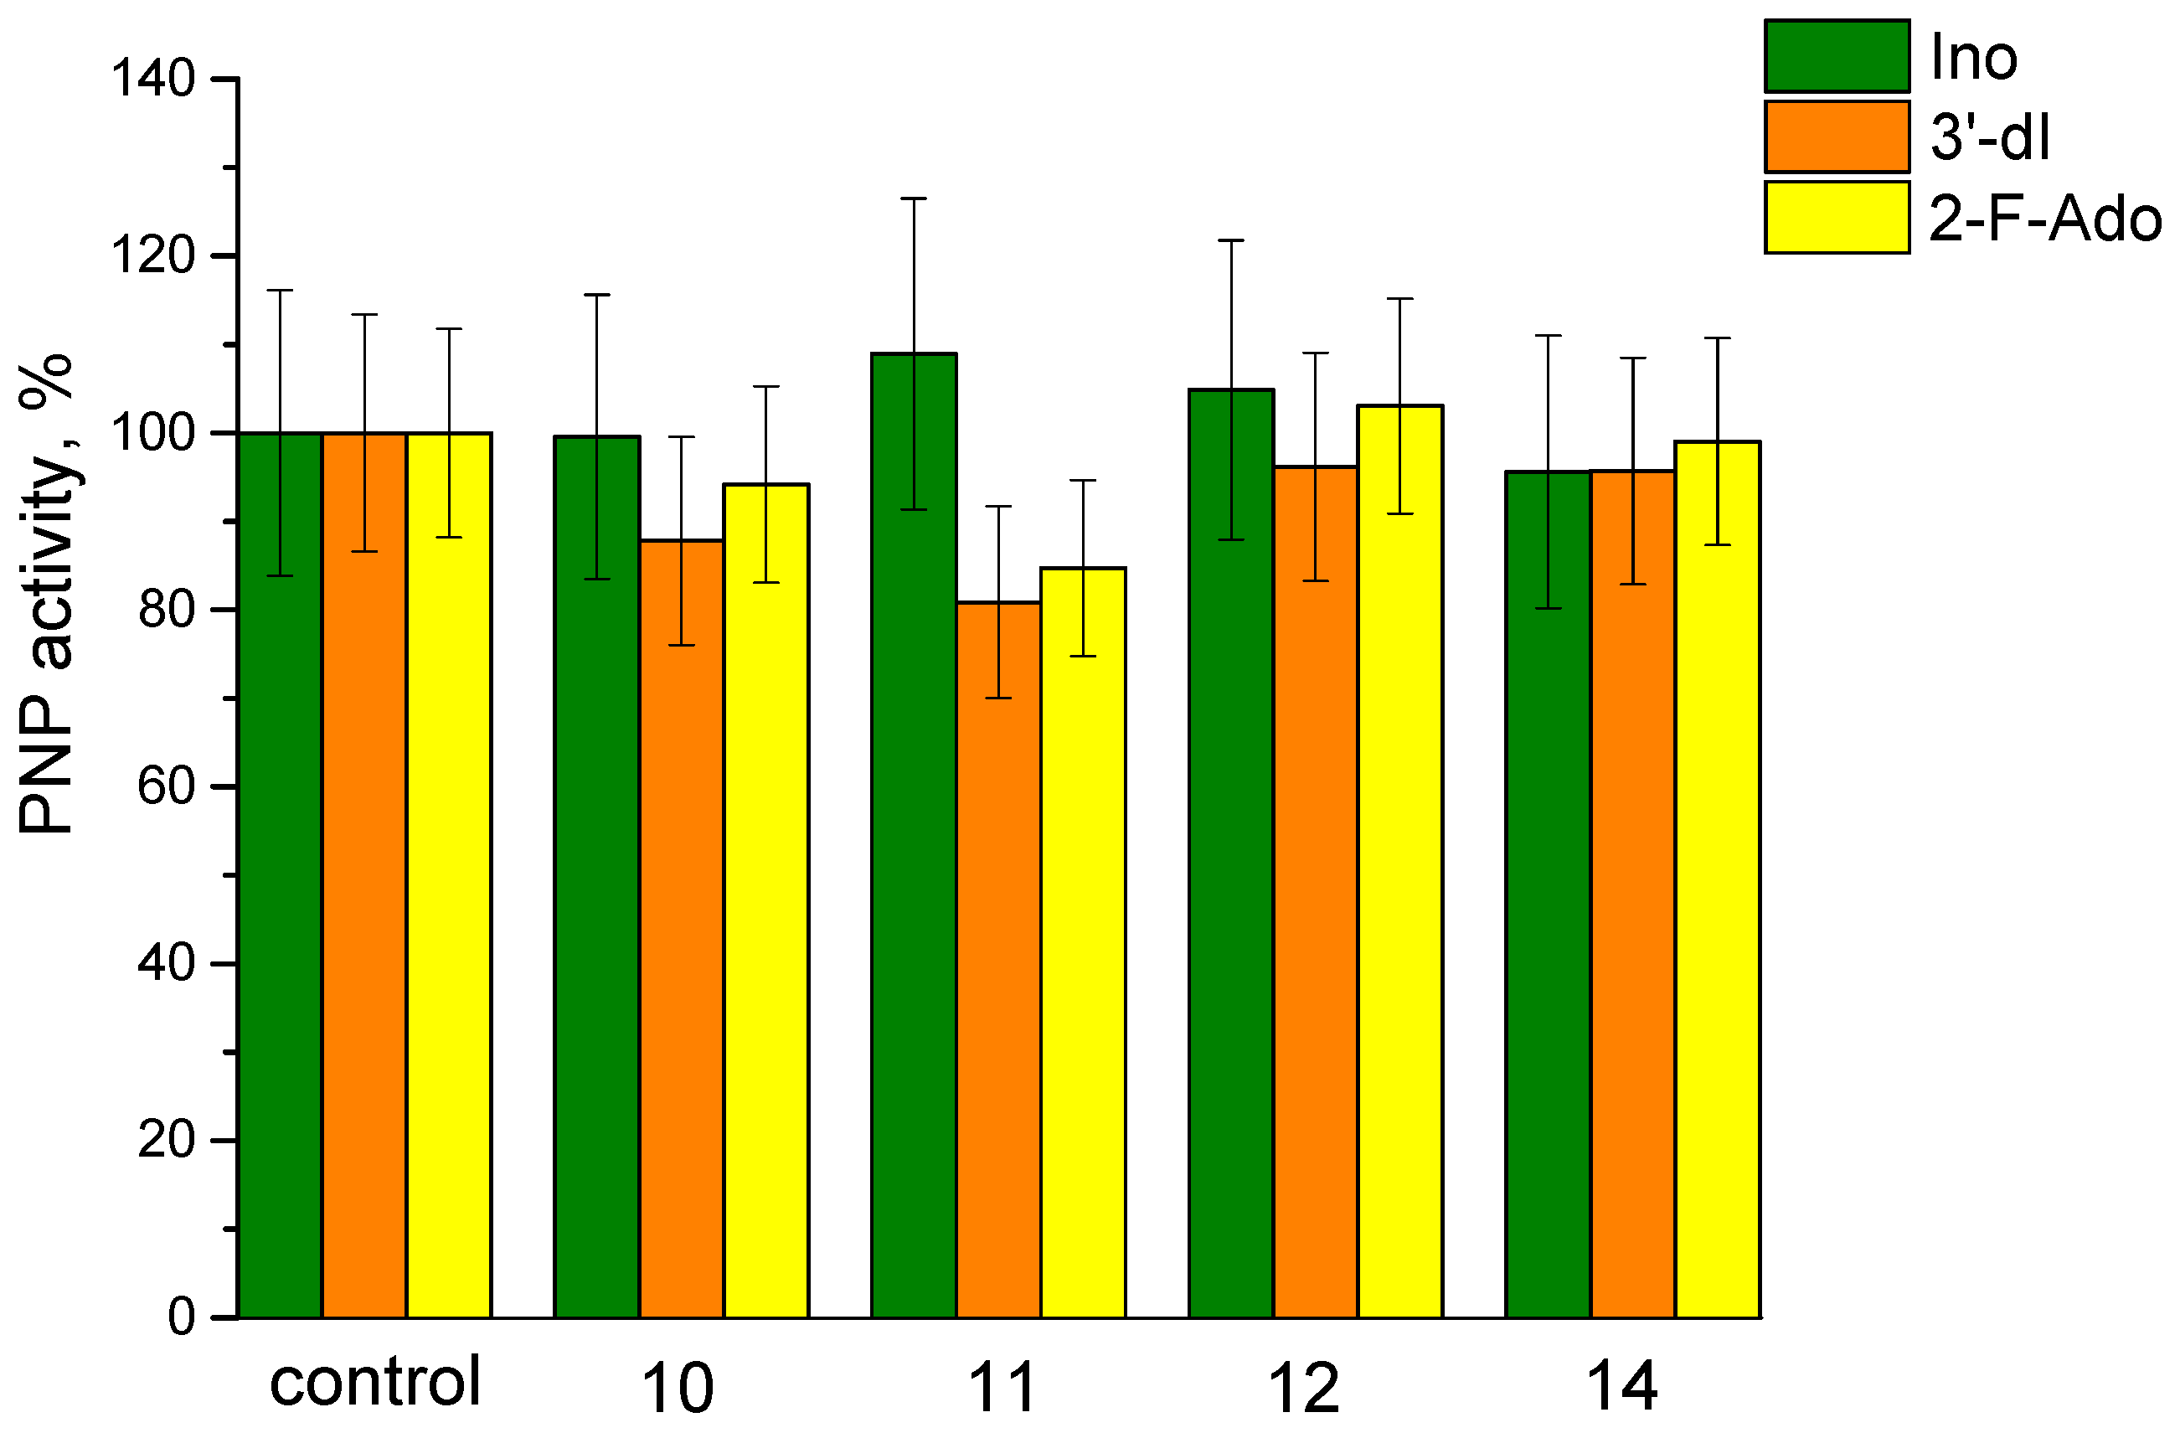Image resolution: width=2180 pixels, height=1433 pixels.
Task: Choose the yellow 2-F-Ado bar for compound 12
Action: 1399,861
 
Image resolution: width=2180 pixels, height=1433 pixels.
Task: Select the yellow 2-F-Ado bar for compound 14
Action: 1717,879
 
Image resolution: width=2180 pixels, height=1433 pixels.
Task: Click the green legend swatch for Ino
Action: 1837,57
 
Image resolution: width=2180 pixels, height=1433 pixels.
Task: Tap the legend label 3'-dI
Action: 1988,137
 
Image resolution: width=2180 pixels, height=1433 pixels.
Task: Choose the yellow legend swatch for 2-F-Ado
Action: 1837,217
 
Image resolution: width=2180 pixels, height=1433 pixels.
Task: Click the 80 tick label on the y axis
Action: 167,610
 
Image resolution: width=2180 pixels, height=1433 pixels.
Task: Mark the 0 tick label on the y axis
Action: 182,1317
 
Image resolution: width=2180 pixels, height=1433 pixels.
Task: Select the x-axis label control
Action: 374,1382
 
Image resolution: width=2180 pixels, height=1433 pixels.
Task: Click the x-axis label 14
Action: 1621,1386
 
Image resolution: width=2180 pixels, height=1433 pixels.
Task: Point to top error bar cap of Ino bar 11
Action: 913,198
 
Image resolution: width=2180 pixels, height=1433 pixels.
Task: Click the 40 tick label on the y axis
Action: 167,963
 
